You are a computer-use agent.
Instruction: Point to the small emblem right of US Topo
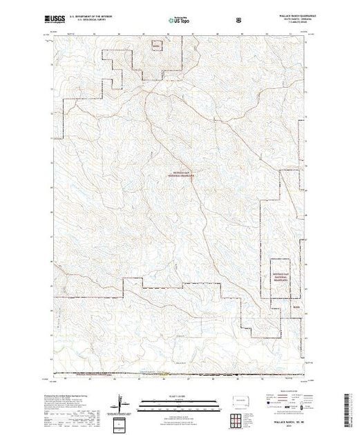click(x=239, y=21)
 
